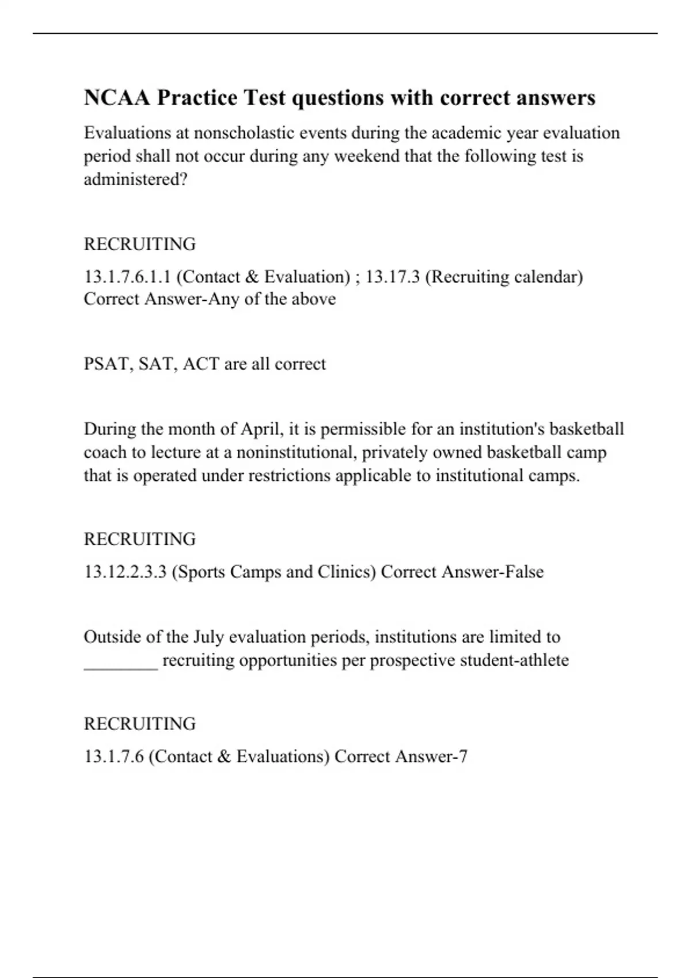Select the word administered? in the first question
click(135, 179)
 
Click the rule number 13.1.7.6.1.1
click(127, 277)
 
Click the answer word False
click(524, 572)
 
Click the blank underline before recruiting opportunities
click(121, 662)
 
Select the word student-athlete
click(514, 660)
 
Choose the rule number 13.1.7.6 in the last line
click(113, 757)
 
